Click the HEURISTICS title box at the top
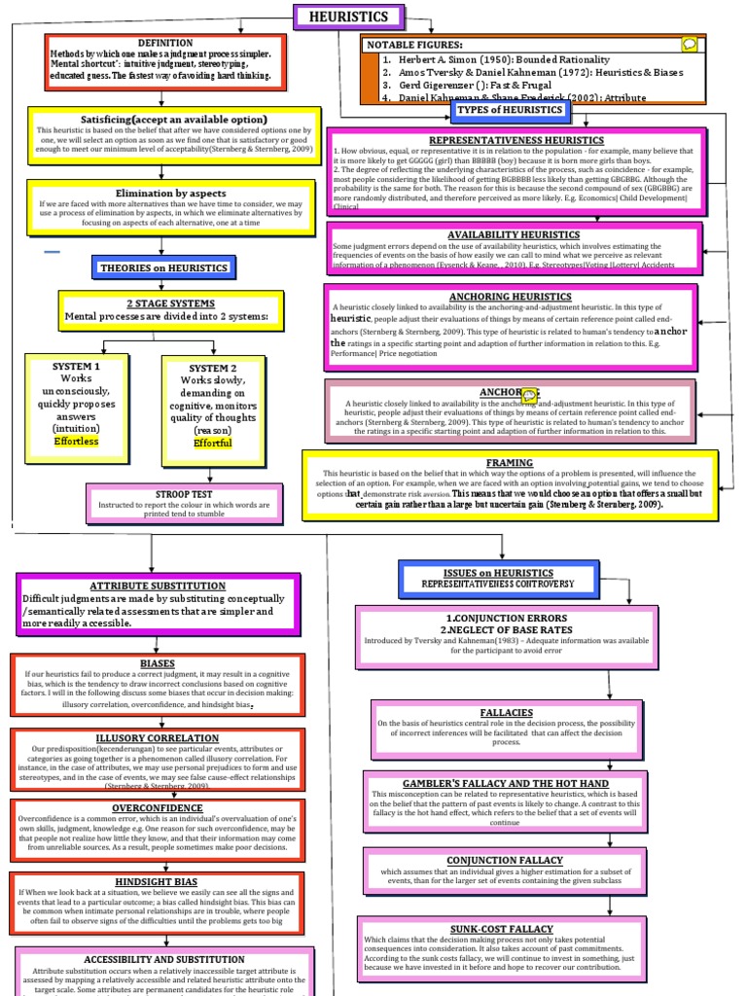pos(347,18)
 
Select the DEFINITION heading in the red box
pos(165,44)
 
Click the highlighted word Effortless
pos(76,442)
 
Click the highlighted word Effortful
pos(212,444)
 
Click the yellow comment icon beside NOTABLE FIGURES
pos(690,44)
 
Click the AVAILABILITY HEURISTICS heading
pos(514,235)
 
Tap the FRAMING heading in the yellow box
pos(510,463)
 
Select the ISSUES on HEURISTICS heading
pos(498,573)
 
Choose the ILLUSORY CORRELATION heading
pos(158,737)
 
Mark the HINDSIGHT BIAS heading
pos(158,881)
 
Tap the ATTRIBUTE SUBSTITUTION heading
pos(157,587)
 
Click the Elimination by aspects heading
pos(172,194)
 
